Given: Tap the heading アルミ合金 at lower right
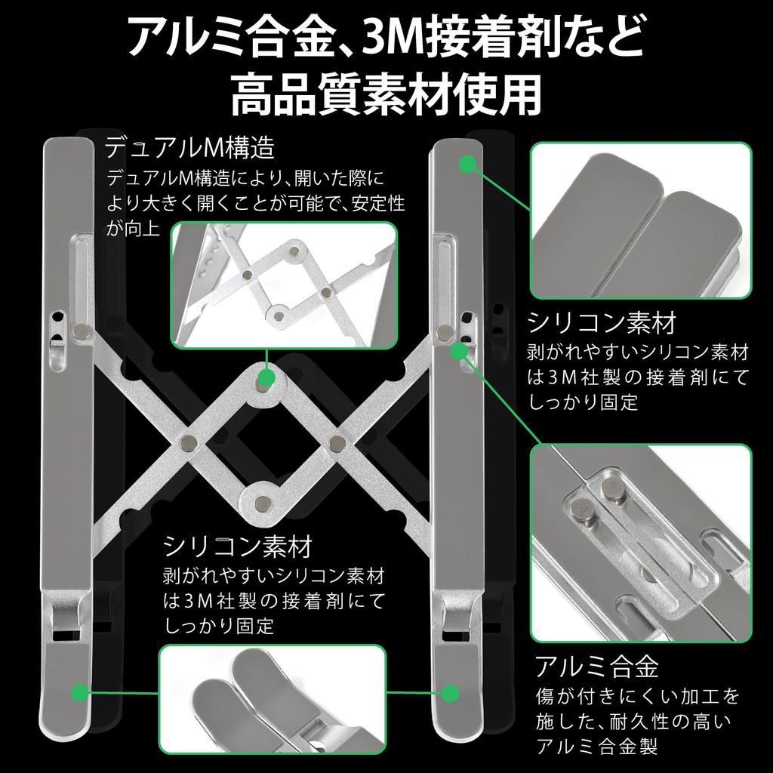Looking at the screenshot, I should click(x=597, y=666).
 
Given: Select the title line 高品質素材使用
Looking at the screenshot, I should click(x=386, y=94).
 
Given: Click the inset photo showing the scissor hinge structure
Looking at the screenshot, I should click(x=283, y=285).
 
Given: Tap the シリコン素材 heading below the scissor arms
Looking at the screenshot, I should click(x=238, y=545).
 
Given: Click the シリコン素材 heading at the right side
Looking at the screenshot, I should click(x=602, y=323).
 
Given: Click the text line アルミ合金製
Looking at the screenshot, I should click(x=597, y=747).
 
